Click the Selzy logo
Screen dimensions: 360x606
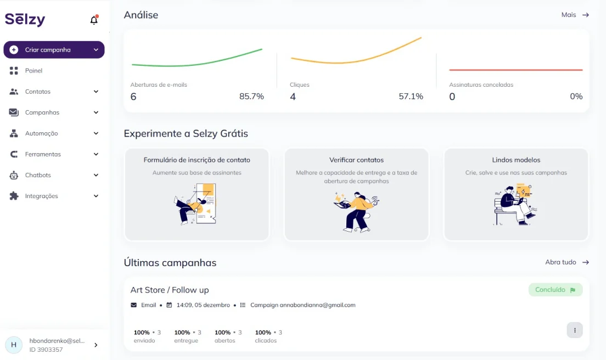click(x=25, y=19)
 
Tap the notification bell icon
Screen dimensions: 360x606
click(x=94, y=20)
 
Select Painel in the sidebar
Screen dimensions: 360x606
click(x=33, y=71)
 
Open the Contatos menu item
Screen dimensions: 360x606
click(x=38, y=92)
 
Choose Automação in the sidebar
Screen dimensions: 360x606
click(x=41, y=133)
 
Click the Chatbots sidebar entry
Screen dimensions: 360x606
click(x=38, y=175)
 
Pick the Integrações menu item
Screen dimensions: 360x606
click(x=41, y=196)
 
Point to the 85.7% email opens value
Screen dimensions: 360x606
click(x=251, y=97)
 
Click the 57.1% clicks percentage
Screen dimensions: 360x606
click(x=411, y=97)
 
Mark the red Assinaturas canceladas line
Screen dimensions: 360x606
click(x=515, y=70)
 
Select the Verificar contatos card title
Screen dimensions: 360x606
click(x=356, y=160)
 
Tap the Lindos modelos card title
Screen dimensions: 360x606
click(x=516, y=160)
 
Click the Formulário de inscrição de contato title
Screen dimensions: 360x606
click(x=197, y=160)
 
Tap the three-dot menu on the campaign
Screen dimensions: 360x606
click(x=575, y=330)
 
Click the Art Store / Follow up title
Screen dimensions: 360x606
click(x=170, y=290)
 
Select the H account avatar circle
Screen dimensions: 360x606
click(x=14, y=345)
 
